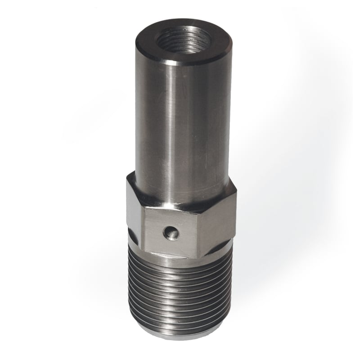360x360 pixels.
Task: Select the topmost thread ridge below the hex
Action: click(x=180, y=268)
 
